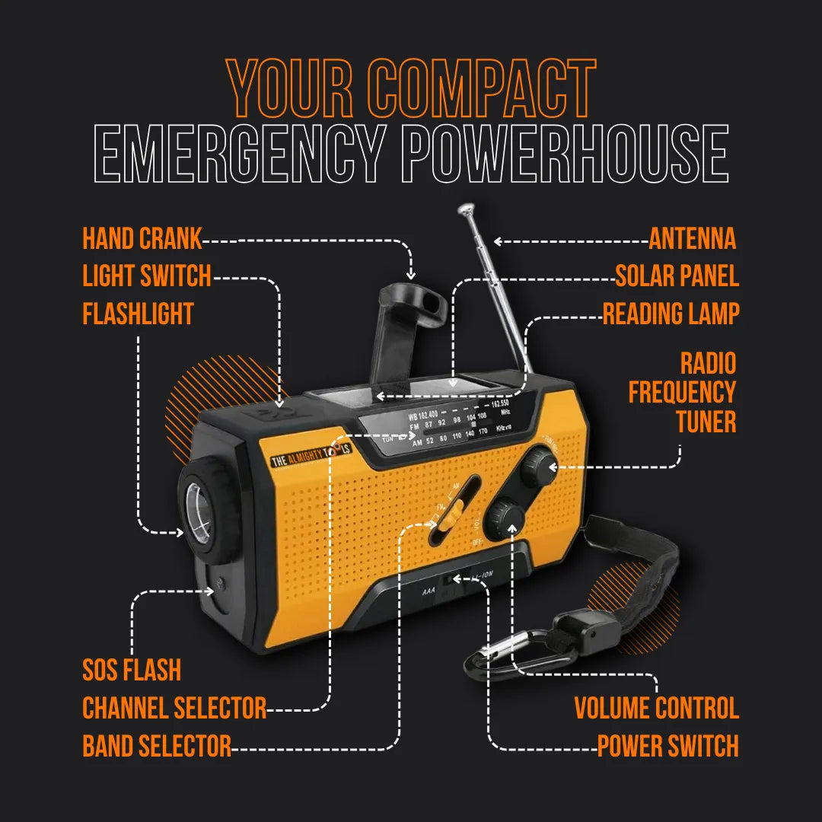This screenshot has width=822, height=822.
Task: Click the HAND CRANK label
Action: [142, 239]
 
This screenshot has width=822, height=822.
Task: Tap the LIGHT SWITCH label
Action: [147, 276]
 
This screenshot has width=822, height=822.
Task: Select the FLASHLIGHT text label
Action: [138, 314]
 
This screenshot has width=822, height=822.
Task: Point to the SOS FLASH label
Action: [132, 671]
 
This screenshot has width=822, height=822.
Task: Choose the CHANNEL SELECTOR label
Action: [174, 708]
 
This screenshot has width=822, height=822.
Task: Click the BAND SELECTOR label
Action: [157, 746]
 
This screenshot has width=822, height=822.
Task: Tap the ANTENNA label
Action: [693, 239]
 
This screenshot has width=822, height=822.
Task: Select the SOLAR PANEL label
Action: [677, 276]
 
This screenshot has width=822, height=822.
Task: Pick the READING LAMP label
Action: [671, 314]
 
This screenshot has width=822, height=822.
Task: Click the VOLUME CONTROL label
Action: [656, 708]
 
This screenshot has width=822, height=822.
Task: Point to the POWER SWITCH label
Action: [667, 746]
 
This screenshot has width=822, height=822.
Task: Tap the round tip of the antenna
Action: [465, 207]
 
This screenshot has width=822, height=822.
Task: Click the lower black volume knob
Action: [507, 518]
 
